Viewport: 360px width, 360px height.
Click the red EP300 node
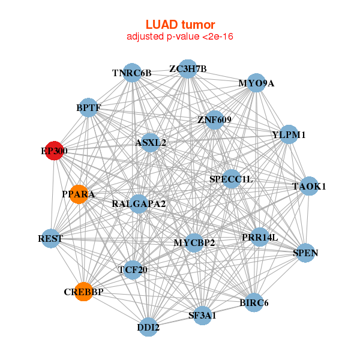pos(54,151)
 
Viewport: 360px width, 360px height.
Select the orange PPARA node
pos(78,194)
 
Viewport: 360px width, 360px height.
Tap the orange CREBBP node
pos(84,292)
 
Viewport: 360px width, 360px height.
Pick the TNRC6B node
pos(132,73)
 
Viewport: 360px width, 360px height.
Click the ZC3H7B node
pos(188,68)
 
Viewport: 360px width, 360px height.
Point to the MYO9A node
pos(256,83)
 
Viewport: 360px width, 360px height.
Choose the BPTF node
pos(89,107)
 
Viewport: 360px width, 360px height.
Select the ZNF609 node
pos(214,120)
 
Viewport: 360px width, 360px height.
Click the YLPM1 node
pos(289,135)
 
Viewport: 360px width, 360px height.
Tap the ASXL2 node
pos(151,143)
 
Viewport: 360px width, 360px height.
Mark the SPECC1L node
pos(232,179)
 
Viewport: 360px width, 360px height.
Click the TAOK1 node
pos(309,187)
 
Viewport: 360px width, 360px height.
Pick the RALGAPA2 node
pos(139,204)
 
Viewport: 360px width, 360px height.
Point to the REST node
pos(50,239)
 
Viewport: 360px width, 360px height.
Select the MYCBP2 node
pos(194,243)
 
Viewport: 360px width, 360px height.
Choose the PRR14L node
pos(260,237)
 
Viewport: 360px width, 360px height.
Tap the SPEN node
pos(305,253)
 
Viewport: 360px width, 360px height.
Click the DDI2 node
pos(148,328)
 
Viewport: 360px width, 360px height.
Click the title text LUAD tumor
pos(180,25)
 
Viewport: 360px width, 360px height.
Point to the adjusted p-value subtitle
pos(180,37)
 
